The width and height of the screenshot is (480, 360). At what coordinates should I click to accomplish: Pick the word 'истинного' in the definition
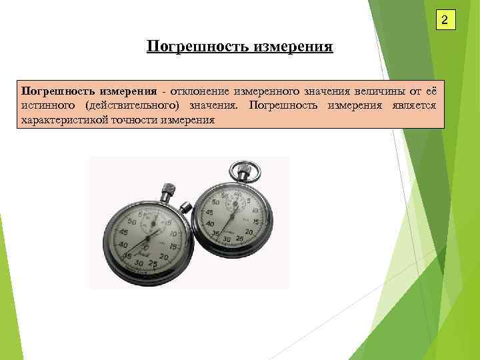pyautogui.click(x=49, y=105)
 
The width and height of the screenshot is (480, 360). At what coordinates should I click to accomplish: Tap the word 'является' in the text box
pyautogui.click(x=413, y=105)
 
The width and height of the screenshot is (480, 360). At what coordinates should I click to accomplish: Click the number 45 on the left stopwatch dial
pyautogui.click(x=122, y=231)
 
